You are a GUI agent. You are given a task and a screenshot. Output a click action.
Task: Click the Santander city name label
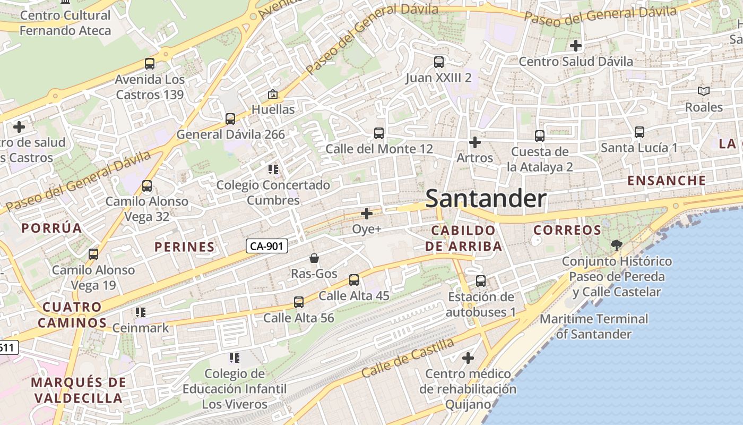[x=486, y=199]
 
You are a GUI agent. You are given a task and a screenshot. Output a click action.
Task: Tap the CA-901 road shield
[x=267, y=246]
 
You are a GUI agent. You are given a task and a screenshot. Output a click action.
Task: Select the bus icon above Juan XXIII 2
[x=439, y=62]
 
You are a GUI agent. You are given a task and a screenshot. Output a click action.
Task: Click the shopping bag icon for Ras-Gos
[x=314, y=259]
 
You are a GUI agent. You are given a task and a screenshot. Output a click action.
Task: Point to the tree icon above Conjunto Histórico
[x=616, y=245]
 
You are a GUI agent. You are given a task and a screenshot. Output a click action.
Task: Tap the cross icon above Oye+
[x=367, y=214]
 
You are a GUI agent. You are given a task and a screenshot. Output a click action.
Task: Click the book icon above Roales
[x=704, y=91]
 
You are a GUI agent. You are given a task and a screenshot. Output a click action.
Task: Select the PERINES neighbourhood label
[x=185, y=247]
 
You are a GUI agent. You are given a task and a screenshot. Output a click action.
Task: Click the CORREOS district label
[x=567, y=231]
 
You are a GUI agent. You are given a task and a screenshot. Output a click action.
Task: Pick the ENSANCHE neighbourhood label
[x=667, y=181]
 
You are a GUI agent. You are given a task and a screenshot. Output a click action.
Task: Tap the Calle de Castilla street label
[x=408, y=358]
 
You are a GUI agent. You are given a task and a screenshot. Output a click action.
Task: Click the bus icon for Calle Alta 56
[x=299, y=302]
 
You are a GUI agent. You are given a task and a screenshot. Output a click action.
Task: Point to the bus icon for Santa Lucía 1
[x=640, y=132]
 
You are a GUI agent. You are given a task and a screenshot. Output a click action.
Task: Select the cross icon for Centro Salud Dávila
[x=575, y=46]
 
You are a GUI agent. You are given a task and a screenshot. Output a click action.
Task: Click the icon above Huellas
[x=273, y=95]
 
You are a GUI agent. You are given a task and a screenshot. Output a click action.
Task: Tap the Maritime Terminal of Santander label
[x=594, y=327]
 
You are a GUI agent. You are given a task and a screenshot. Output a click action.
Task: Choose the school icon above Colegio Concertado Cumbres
[x=273, y=169]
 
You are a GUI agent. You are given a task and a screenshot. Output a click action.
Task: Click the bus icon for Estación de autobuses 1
[x=481, y=280]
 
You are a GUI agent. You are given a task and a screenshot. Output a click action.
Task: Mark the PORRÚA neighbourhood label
[x=51, y=228]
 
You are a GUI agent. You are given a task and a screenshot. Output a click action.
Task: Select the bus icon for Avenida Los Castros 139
[x=150, y=64]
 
